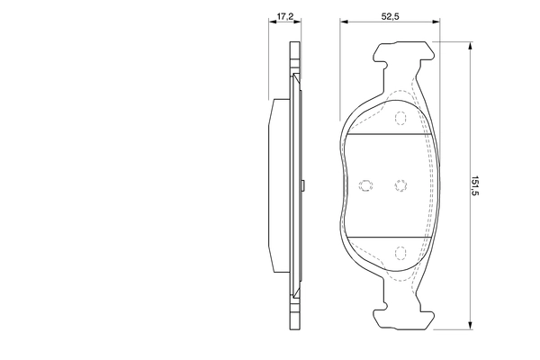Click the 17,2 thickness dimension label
tap(284, 16)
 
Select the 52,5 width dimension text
tap(390, 16)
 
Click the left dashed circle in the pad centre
tap(365, 185)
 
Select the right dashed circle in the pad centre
tap(400, 185)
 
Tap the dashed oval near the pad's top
tap(401, 116)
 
